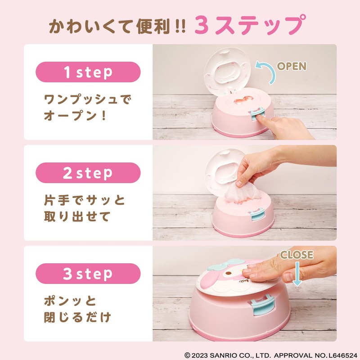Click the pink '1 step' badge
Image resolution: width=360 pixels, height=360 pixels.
point(88,72)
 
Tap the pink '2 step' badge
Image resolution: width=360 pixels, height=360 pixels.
point(88,173)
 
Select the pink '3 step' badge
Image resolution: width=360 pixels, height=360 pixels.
point(88,274)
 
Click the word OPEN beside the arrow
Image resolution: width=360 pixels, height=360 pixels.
point(291,66)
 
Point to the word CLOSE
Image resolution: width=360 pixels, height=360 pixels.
point(297,255)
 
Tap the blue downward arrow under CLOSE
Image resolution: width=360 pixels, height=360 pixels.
point(297,275)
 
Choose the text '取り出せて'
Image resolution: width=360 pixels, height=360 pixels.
point(76,216)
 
